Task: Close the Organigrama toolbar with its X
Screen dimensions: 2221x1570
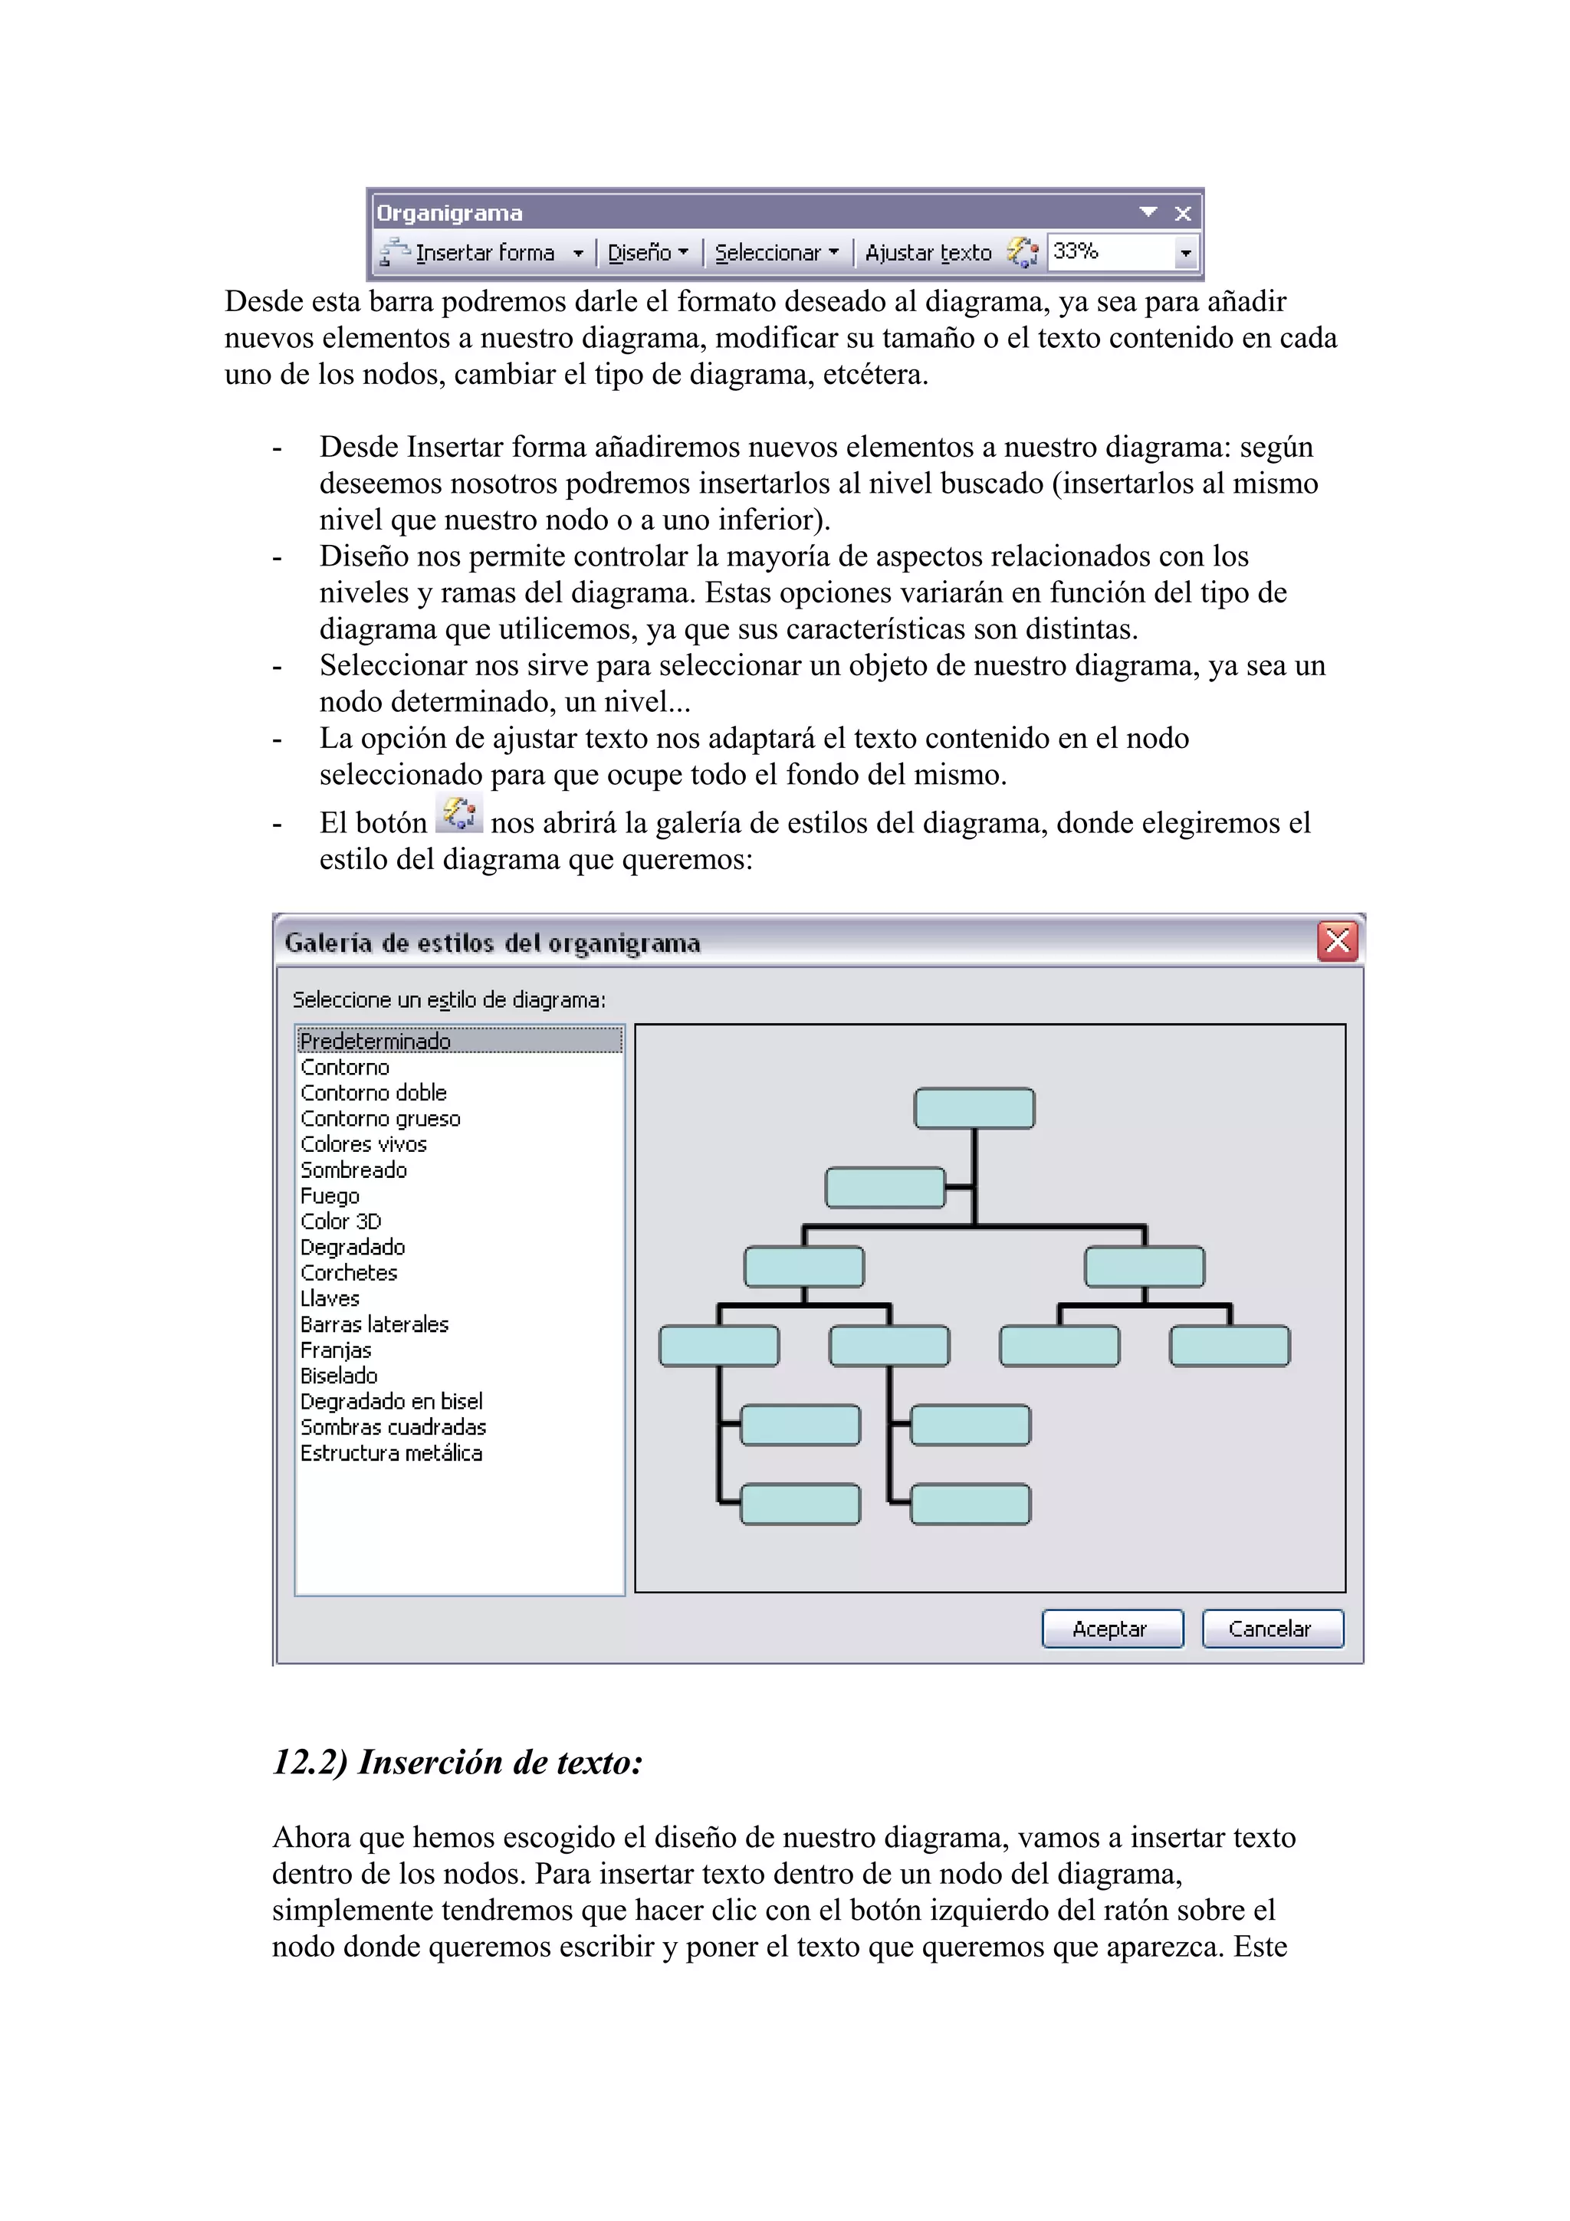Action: click(x=1182, y=214)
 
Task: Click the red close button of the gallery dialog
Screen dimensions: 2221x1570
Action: click(x=1337, y=940)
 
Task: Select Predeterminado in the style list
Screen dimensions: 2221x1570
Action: click(x=376, y=1041)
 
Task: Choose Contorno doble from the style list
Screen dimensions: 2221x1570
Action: click(x=373, y=1093)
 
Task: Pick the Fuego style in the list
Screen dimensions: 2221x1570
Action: click(x=330, y=1196)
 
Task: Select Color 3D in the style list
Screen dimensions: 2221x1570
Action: click(x=340, y=1222)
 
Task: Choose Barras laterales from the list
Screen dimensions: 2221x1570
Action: click(x=374, y=1324)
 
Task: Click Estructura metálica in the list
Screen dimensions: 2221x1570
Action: click(x=391, y=1453)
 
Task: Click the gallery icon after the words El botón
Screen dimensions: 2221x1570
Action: click(x=458, y=815)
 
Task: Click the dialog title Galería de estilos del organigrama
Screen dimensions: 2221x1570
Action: click(x=492, y=943)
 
